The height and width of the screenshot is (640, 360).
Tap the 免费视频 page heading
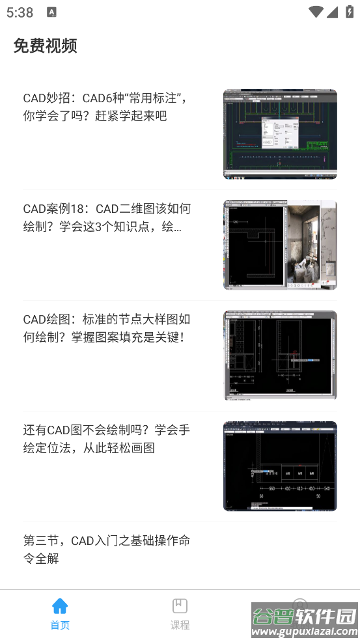(46, 46)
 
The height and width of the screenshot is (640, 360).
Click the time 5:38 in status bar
(20, 12)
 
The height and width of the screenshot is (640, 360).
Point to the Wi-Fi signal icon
(316, 12)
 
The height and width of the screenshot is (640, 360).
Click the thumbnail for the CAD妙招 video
(280, 134)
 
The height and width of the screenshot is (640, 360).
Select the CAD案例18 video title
(107, 218)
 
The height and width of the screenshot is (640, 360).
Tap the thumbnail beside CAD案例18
(280, 245)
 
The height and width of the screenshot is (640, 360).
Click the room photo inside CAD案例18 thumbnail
(312, 245)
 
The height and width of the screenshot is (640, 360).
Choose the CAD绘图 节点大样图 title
(107, 329)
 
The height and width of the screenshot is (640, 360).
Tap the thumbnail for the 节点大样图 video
(280, 355)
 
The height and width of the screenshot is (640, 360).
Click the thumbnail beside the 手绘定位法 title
(280, 466)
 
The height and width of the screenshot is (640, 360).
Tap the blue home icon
(60, 606)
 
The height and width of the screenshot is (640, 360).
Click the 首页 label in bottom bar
(60, 626)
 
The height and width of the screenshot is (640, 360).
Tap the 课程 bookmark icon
(180, 606)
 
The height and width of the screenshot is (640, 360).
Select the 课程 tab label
(180, 626)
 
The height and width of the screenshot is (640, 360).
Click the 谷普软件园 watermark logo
(305, 620)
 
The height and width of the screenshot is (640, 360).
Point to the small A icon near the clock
(52, 12)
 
